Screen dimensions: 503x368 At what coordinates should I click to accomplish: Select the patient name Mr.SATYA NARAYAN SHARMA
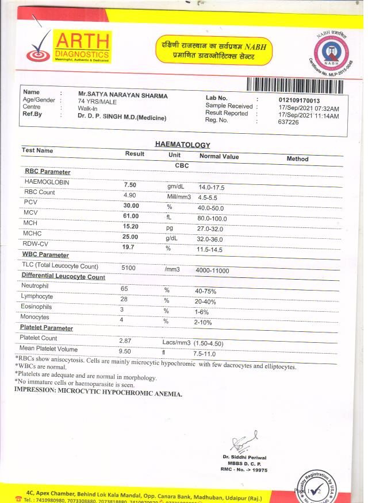pyautogui.click(x=122, y=95)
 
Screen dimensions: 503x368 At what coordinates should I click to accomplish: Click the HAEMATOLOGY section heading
pyautogui.click(x=182, y=145)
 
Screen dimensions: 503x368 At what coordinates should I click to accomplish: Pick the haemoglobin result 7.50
pyautogui.click(x=130, y=185)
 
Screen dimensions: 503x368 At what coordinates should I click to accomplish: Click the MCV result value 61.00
pyautogui.click(x=131, y=216)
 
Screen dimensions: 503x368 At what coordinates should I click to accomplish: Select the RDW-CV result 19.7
pyautogui.click(x=129, y=247)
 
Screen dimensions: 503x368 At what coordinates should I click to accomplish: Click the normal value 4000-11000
pyautogui.click(x=212, y=270)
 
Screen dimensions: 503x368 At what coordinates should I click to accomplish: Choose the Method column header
pyautogui.click(x=297, y=159)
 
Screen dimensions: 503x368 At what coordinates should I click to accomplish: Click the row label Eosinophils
pyautogui.click(x=37, y=307)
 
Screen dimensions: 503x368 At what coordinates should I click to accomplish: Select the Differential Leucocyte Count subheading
pyautogui.click(x=63, y=277)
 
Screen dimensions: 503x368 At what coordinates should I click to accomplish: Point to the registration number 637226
pyautogui.click(x=288, y=122)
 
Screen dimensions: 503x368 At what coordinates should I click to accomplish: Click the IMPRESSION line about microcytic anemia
pyautogui.click(x=98, y=394)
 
